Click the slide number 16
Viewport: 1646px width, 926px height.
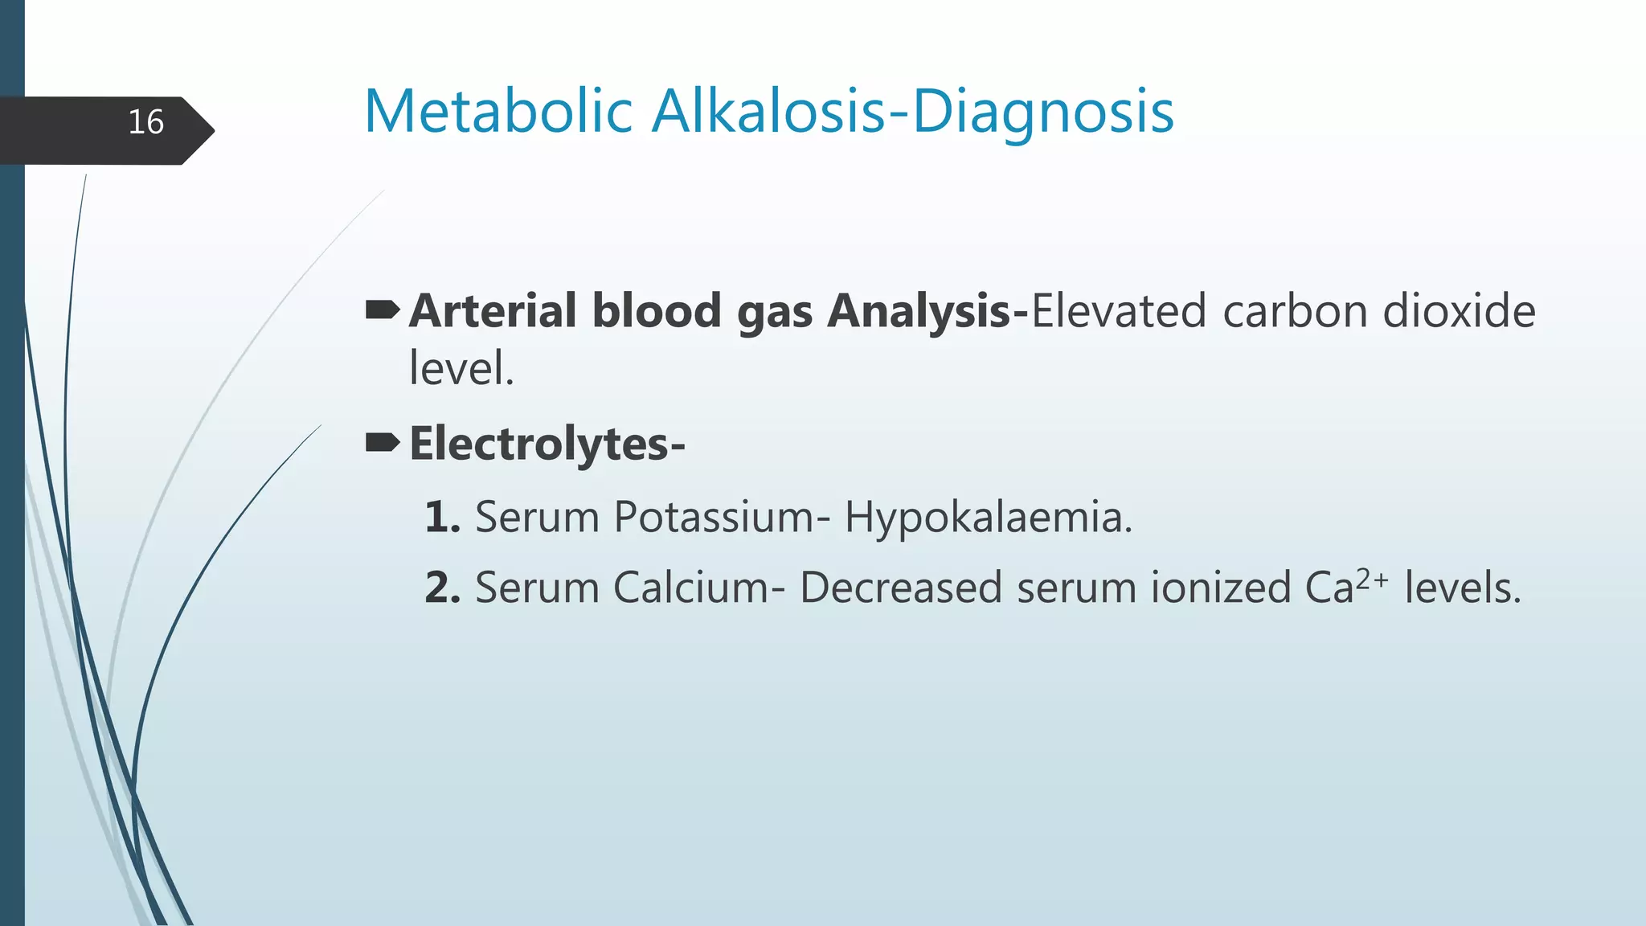145,123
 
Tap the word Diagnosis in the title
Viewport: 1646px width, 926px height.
1042,113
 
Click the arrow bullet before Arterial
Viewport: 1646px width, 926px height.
383,309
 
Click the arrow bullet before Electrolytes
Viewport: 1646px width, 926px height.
383,442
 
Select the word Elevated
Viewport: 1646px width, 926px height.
1118,311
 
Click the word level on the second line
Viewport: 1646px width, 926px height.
460,369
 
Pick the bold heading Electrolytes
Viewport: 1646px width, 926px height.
547,445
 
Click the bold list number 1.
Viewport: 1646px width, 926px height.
441,517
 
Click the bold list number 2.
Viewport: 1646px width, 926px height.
442,588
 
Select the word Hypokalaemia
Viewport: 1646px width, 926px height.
987,517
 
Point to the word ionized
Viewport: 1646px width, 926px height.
1220,588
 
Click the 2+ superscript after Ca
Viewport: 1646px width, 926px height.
1372,579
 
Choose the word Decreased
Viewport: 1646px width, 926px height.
901,588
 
